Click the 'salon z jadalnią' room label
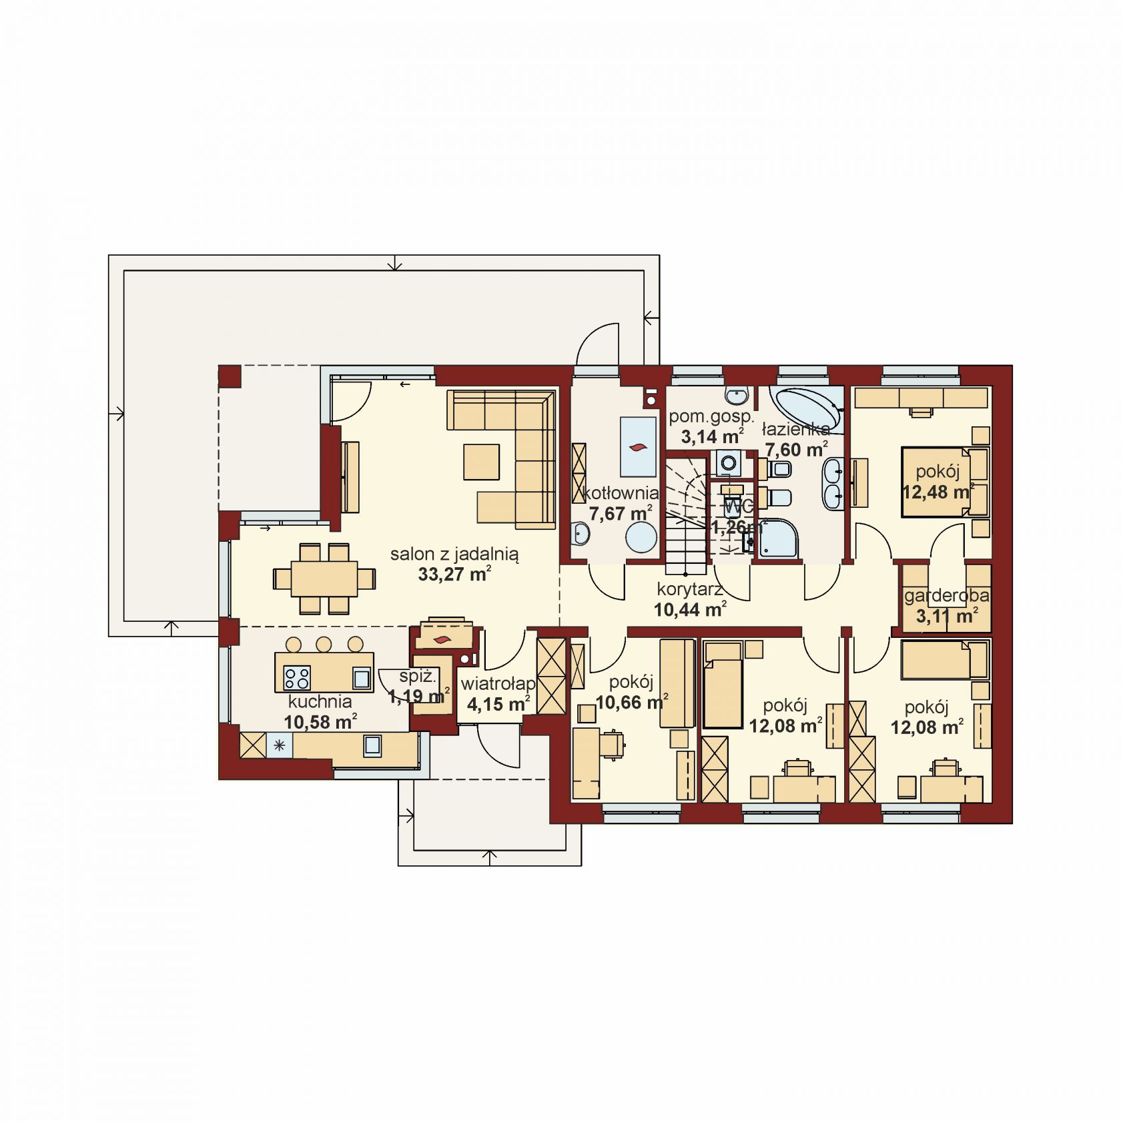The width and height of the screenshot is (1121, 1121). [454, 554]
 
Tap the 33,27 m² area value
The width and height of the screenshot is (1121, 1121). [455, 574]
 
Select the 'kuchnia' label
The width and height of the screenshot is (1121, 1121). [320, 701]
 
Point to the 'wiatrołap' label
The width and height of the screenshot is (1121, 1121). [498, 684]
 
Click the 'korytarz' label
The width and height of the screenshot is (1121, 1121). [690, 589]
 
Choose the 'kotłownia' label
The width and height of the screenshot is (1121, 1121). [621, 494]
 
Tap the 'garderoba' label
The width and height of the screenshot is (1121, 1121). [947, 596]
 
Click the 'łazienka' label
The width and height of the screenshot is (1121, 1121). [796, 429]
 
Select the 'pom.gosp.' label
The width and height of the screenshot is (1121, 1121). [711, 417]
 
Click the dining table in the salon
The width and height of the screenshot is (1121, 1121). [325, 578]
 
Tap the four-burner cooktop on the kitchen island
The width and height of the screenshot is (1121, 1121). [297, 678]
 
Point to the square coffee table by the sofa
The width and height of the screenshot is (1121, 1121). [482, 462]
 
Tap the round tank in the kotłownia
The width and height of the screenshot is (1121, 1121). [642, 537]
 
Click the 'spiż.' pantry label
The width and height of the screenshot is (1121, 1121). [418, 676]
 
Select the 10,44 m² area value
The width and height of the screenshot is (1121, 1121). [690, 609]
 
